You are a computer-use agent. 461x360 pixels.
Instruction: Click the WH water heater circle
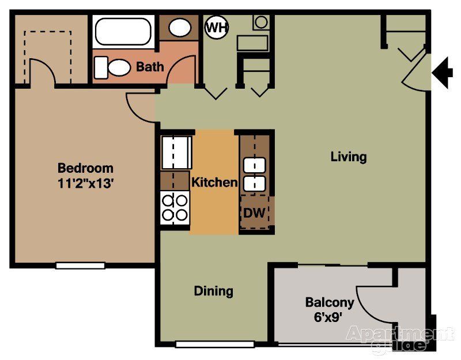216,27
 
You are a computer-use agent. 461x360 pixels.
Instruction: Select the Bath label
150,67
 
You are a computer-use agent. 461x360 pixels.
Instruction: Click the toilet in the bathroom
112,67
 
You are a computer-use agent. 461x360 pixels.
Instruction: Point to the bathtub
123,32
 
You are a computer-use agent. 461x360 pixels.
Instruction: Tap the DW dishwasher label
254,213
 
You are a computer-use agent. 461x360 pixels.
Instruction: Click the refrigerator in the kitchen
176,152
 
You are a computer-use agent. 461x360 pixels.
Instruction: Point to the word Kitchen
214,183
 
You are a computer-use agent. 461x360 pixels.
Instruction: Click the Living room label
349,157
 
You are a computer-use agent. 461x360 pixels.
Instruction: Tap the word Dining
213,291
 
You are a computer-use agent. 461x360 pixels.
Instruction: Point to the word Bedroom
85,169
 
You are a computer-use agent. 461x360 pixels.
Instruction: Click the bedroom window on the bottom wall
80,266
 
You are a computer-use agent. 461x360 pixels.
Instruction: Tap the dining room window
214,344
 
